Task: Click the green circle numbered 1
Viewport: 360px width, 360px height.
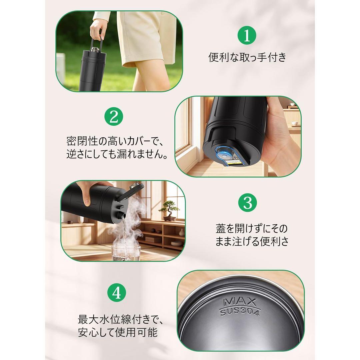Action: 247,36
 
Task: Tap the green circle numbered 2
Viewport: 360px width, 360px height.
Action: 114,117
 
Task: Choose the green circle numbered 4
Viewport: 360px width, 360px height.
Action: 117,293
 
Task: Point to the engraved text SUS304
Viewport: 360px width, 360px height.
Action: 240,312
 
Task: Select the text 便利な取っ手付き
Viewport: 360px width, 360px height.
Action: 247,57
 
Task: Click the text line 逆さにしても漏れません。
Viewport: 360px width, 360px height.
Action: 117,154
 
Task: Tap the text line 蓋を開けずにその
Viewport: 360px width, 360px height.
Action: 252,228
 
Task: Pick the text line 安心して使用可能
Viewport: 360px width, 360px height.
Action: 118,332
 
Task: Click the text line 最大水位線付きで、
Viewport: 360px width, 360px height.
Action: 121,319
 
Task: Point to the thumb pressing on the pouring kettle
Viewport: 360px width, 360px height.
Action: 87,198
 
